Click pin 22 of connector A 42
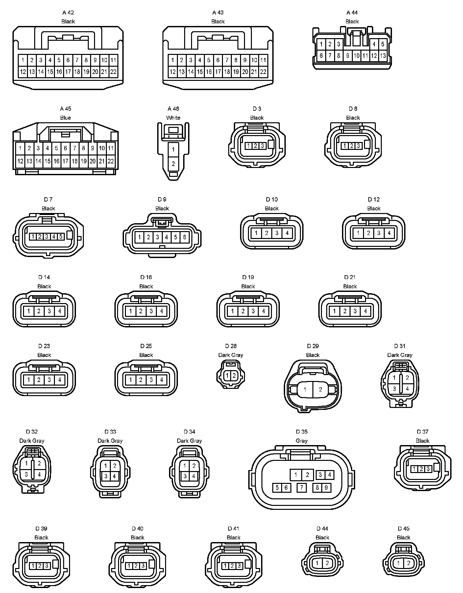[113, 72]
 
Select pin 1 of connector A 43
[173, 60]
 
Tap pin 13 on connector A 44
[383, 56]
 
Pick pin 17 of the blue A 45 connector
[65, 161]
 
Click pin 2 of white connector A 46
[173, 164]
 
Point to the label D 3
[257, 109]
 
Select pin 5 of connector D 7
[61, 236]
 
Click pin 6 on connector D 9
[184, 237]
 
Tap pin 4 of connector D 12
[389, 233]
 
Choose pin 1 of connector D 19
[232, 311]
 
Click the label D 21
[350, 277]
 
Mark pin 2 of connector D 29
[321, 390]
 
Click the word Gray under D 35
[302, 441]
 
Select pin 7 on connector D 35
[302, 487]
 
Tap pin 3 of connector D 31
[395, 389]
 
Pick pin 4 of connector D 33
[114, 476]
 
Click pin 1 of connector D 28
[228, 375]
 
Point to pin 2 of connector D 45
[408, 563]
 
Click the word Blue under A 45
[65, 118]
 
